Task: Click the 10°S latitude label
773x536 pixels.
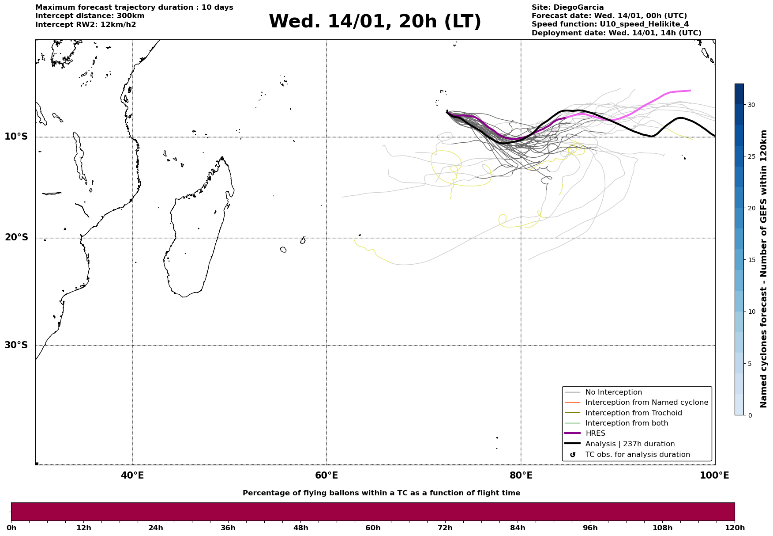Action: coord(16,137)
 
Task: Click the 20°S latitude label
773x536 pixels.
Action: coord(16,238)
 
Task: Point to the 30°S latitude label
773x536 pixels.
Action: coord(16,345)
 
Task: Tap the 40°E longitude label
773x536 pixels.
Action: coord(132,476)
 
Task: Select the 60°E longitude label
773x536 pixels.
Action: coord(326,476)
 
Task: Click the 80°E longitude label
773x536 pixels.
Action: coord(521,476)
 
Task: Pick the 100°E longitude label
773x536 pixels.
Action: coord(714,476)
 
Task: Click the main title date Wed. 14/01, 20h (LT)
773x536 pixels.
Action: coord(375,22)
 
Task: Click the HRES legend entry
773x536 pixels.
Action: coord(595,433)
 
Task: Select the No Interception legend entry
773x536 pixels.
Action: coord(613,392)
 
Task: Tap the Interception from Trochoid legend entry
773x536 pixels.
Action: coord(633,413)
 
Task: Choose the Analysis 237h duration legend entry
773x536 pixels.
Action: coord(630,444)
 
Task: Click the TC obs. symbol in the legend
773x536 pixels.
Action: coord(573,455)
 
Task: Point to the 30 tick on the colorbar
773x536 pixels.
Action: coord(751,105)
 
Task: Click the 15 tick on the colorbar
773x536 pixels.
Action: coord(751,260)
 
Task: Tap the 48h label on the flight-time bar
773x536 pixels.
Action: coord(300,528)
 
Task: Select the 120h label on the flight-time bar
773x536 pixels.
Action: coord(734,528)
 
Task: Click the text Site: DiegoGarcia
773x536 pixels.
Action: coord(567,8)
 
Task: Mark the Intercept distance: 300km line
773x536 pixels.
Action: coord(90,16)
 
